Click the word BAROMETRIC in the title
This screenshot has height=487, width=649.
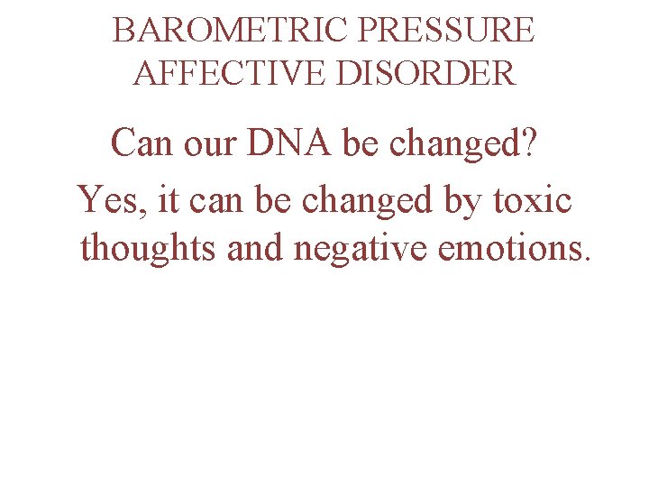(x=231, y=31)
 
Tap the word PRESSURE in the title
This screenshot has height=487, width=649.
(x=446, y=31)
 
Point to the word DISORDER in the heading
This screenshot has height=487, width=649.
(x=425, y=73)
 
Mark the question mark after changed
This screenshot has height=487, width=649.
(x=530, y=144)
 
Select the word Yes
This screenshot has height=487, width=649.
(x=108, y=198)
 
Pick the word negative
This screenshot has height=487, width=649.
(x=361, y=247)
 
